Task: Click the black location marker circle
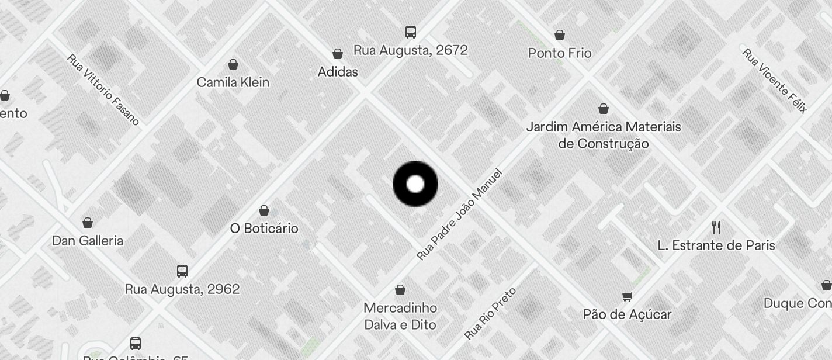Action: (415, 184)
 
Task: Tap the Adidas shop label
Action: (338, 72)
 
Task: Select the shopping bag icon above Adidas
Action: (338, 54)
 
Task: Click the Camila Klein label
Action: (233, 82)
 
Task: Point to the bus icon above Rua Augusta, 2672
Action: (411, 32)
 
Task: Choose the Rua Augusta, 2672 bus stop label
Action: (411, 50)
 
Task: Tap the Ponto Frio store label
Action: (560, 53)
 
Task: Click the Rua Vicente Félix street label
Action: (775, 81)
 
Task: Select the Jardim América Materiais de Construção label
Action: (604, 135)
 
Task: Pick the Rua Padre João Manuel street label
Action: (459, 214)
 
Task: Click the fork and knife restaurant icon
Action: (716, 227)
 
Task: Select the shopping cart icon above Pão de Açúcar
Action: (628, 296)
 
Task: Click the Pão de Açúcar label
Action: (628, 314)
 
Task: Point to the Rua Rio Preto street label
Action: (490, 314)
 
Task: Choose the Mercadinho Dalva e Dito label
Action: (400, 316)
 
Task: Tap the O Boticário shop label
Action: (264, 229)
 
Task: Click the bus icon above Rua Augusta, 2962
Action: (182, 271)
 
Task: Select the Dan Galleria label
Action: (88, 241)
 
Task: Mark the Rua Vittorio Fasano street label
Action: (103, 89)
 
